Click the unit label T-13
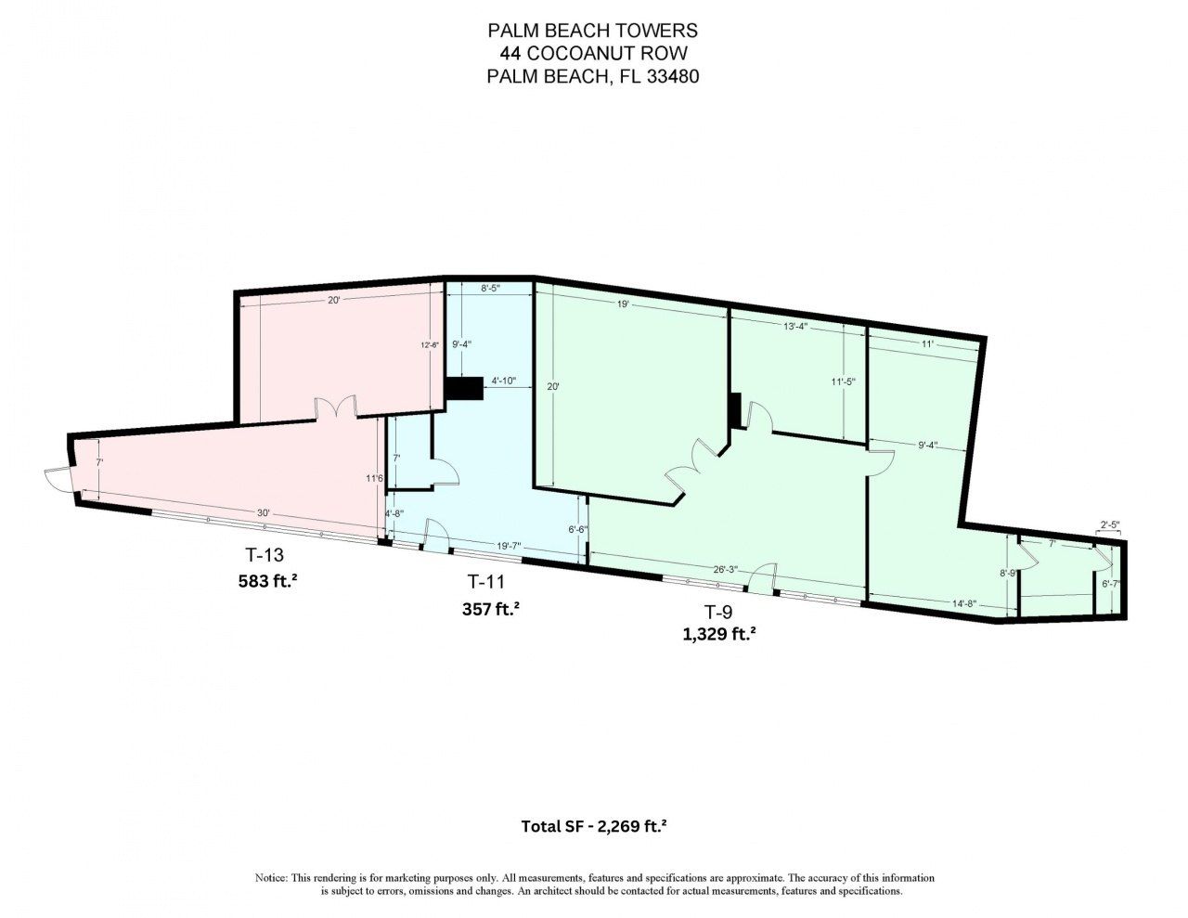coord(265,556)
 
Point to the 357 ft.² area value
coord(490,610)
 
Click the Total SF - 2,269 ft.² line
coord(594,825)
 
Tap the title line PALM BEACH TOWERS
coord(593,32)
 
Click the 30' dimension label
coord(264,513)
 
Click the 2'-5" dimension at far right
coord(1109,526)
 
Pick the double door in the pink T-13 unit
coord(336,409)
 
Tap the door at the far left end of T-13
coord(57,478)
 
